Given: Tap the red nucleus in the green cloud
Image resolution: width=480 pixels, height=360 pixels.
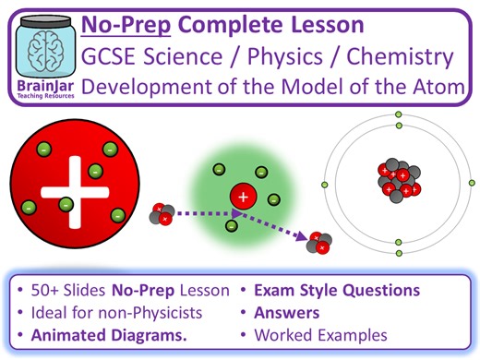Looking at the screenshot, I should tap(243, 196).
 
